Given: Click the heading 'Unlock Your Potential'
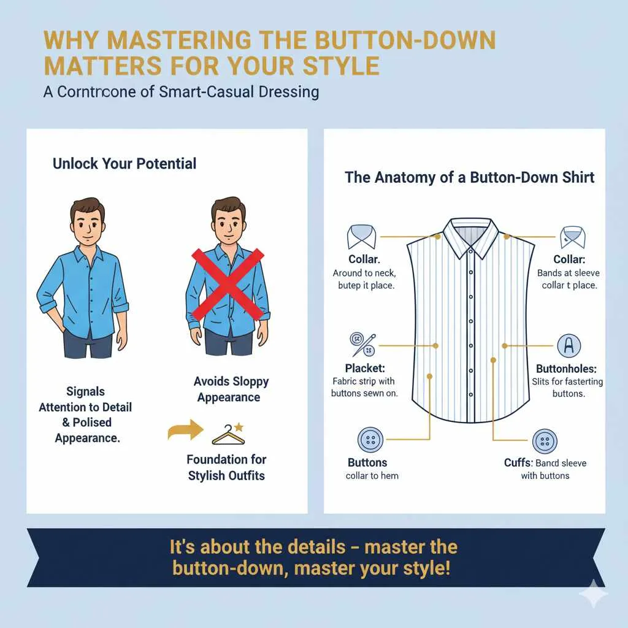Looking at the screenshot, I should [x=124, y=164].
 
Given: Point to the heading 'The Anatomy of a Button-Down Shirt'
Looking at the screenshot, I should [x=469, y=178].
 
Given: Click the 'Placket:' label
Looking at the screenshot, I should [x=366, y=369].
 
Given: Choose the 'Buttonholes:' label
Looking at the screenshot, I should [x=566, y=369].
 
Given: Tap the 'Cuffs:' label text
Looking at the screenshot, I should [x=517, y=462].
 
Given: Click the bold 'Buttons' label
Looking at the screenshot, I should [x=367, y=462].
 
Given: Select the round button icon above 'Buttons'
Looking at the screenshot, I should [x=370, y=440].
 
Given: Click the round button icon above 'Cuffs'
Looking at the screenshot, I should [x=545, y=441].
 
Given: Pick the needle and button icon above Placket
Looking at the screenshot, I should [x=362, y=343].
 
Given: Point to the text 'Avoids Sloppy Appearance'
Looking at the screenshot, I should [x=231, y=389].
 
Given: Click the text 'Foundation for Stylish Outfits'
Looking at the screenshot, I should [x=226, y=467].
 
